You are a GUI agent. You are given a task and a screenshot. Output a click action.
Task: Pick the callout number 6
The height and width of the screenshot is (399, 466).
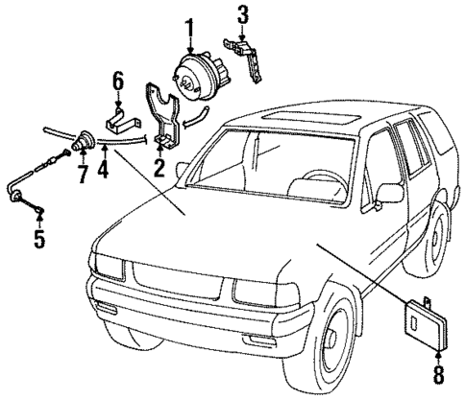click(x=116, y=81)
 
